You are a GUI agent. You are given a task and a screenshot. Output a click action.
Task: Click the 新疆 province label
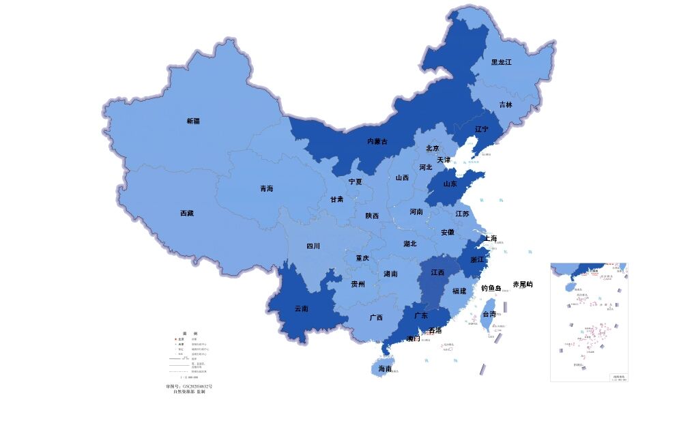click(193, 121)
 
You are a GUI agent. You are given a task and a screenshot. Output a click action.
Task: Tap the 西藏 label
click(186, 213)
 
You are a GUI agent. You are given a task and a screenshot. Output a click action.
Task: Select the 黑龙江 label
click(501, 62)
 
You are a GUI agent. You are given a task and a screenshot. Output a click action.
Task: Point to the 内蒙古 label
click(377, 141)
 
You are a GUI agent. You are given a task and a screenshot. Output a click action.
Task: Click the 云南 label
click(301, 308)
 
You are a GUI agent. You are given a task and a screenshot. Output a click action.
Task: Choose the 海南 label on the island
click(385, 369)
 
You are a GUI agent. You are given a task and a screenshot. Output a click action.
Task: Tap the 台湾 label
click(489, 315)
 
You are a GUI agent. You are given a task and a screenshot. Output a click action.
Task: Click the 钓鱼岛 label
click(491, 288)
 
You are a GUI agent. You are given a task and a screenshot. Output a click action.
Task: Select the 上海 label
click(489, 239)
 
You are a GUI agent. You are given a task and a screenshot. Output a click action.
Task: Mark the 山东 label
click(450, 184)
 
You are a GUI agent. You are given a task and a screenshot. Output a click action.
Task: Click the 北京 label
click(433, 148)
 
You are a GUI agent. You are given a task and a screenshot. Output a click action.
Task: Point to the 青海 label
click(266, 188)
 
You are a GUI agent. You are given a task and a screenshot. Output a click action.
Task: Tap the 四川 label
click(313, 246)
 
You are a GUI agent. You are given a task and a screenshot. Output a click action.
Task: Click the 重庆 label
click(362, 258)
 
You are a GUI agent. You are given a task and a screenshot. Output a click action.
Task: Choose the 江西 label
click(437, 272)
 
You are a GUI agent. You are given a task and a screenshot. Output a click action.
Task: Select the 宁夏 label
click(355, 182)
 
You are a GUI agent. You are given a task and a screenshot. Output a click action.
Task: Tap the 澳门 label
click(413, 339)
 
